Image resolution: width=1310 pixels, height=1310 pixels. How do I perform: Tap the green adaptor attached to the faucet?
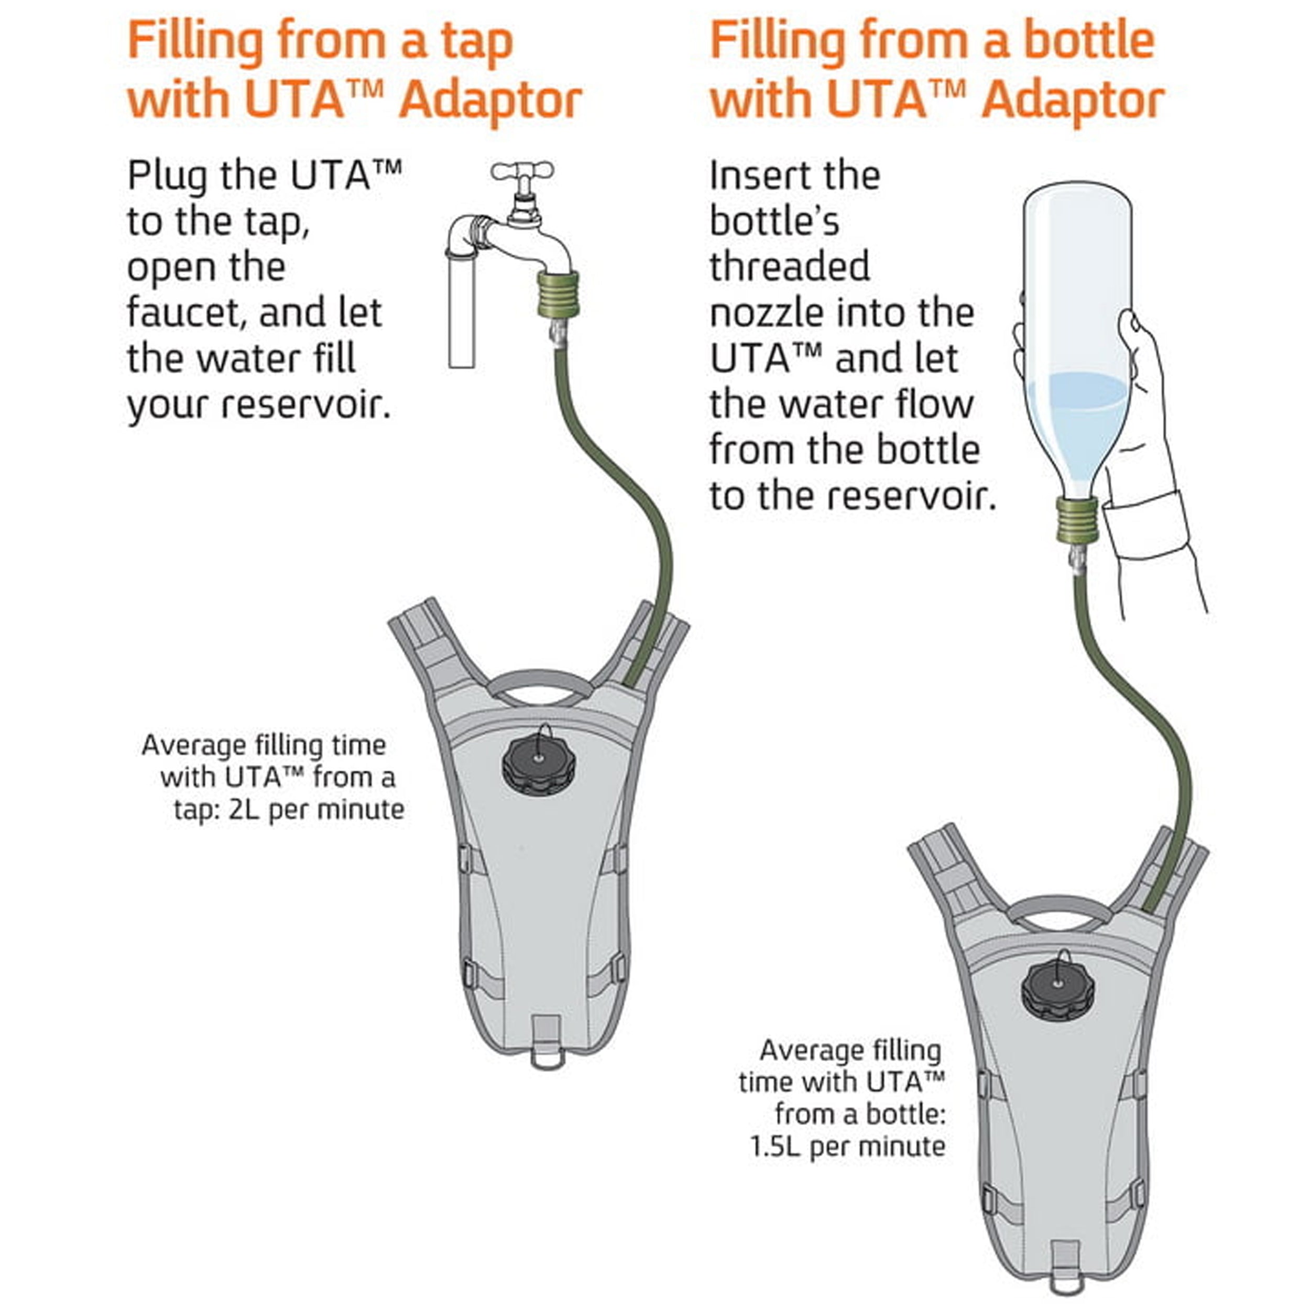tap(558, 295)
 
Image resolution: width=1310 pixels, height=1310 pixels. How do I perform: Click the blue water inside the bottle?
tap(1078, 420)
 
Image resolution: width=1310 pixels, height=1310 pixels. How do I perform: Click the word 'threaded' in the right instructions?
tap(790, 267)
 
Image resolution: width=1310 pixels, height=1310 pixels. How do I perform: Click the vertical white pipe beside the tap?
tap(462, 312)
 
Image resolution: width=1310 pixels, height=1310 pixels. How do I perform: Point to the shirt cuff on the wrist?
tap(1146, 526)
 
